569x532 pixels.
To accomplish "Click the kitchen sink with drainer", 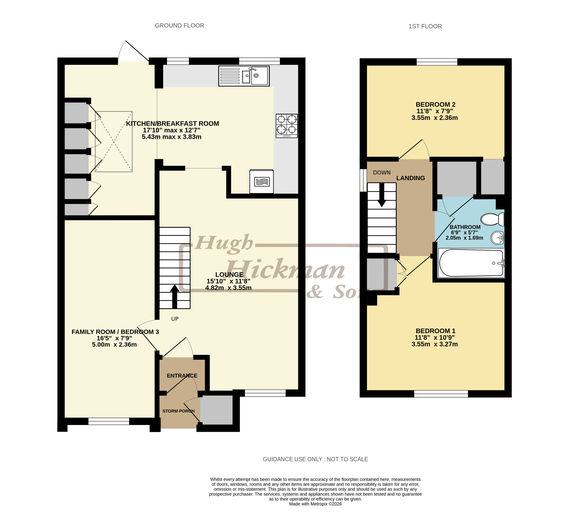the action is click(x=244, y=76).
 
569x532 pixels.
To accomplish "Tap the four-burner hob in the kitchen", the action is click(x=287, y=126).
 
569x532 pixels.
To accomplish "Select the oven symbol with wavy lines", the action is click(x=262, y=182).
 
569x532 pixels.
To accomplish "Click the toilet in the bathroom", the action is click(x=492, y=219).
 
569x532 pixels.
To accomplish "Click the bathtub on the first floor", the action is click(x=471, y=263).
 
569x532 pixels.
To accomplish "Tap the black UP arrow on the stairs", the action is click(x=175, y=297).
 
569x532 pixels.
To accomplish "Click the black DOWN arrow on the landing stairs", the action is click(x=382, y=195).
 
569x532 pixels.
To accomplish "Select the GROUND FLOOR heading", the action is click(x=179, y=26).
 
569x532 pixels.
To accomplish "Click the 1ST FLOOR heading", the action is click(x=425, y=26).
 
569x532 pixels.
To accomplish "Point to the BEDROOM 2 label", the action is click(x=435, y=105).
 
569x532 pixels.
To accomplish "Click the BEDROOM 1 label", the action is click(x=435, y=331).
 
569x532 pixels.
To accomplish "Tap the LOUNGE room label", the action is click(x=229, y=274).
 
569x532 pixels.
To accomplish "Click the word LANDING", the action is click(x=411, y=178).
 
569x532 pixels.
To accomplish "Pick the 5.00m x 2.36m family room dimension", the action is click(x=114, y=345).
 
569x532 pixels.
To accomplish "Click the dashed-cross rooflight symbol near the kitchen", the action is click(x=114, y=142).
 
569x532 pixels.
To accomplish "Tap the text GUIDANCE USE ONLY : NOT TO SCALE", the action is click(x=315, y=459).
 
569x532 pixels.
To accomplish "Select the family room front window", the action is click(x=109, y=421).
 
